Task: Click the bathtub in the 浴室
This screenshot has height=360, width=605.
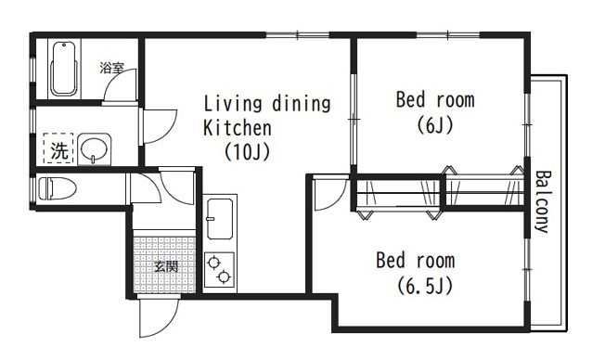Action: coord(64,69)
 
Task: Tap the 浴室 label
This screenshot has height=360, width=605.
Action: coord(111,69)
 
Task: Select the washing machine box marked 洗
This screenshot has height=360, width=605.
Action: coord(58,148)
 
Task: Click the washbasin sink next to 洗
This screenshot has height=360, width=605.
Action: coord(94,149)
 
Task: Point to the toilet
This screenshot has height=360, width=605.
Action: coord(58,188)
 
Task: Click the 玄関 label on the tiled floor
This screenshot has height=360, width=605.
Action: coord(166,266)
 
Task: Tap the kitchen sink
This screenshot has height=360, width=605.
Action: coord(220,218)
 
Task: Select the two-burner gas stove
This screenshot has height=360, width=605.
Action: coord(219,270)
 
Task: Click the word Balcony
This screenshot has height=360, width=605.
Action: coord(542,201)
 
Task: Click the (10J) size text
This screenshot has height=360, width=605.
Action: coord(247,151)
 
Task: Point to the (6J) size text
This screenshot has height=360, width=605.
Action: coord(435,125)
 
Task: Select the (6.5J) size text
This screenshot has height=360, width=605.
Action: coord(425,286)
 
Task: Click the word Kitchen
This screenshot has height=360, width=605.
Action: coord(238,128)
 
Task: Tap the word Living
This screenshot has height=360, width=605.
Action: coord(233,104)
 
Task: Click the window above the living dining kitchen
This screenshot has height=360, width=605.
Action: coord(298,35)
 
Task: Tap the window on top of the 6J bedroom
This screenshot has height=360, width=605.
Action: coord(447,35)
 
